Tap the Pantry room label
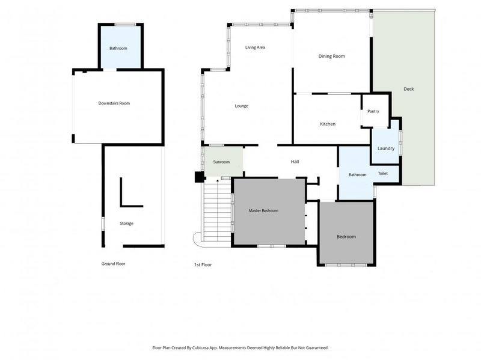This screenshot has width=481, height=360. click(373, 111)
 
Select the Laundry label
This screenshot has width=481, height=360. click(385, 148)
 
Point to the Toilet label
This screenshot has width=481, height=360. click(382, 173)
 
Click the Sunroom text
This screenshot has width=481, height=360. click(221, 162)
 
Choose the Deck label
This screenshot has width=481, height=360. click(408, 89)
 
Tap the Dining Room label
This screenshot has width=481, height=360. click(331, 56)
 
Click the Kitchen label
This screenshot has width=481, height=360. click(327, 124)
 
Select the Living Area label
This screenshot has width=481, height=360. click(255, 47)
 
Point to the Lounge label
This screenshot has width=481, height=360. click(241, 106)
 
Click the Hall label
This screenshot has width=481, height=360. click(295, 162)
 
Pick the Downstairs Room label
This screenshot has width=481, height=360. click(114, 103)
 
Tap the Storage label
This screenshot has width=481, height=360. click(126, 224)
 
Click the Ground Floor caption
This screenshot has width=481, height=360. click(113, 263)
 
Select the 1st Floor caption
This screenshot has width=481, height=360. click(203, 264)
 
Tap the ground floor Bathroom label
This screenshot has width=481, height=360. click(118, 48)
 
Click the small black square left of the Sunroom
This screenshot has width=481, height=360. click(198, 177)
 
